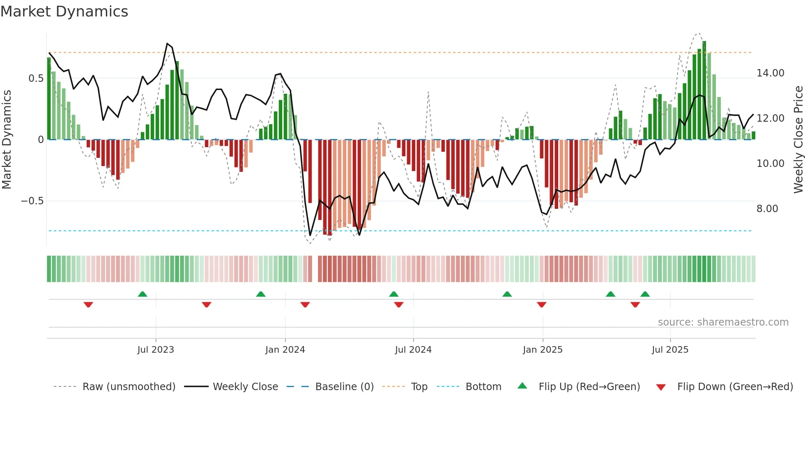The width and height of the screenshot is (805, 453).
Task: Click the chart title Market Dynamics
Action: click(x=64, y=12)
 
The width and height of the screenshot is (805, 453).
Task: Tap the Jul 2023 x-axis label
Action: click(x=156, y=350)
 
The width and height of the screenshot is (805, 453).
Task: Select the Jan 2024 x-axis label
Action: click(x=285, y=350)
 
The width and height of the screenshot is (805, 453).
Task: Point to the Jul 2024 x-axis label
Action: click(x=413, y=350)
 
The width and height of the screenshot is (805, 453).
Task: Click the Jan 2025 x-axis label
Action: click(x=543, y=350)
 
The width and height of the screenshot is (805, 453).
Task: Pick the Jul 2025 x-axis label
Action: click(x=670, y=350)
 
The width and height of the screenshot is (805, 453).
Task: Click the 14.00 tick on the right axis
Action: click(x=770, y=73)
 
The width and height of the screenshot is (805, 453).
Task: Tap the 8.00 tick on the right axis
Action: click(x=767, y=209)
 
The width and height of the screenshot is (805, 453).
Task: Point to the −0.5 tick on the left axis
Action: click(x=32, y=201)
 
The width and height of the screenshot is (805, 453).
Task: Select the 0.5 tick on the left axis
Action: click(x=36, y=79)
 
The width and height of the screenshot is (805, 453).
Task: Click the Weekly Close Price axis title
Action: click(x=798, y=140)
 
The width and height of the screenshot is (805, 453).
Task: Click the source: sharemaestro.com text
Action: click(x=723, y=322)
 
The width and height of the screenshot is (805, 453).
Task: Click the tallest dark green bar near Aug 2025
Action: click(x=704, y=90)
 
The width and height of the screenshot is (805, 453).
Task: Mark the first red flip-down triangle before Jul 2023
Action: click(x=88, y=305)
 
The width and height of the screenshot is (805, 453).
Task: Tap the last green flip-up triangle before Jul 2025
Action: click(x=645, y=294)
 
